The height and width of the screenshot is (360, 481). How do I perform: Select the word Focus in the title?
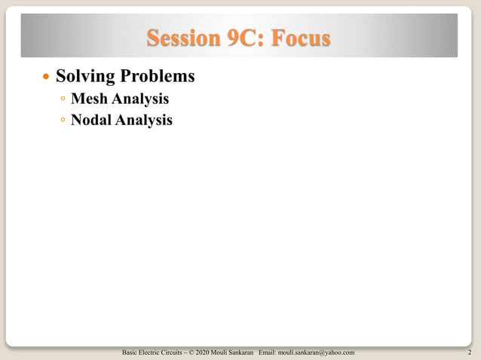pos(302,37)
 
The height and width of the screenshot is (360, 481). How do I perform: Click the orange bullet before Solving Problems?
pos(47,78)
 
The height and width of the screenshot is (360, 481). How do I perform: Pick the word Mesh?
pos(88,99)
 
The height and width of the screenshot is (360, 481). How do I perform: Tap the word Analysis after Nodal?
pos(144,119)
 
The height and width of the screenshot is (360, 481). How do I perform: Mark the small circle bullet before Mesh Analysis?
pos(63,99)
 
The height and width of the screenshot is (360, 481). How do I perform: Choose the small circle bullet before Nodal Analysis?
pos(63,120)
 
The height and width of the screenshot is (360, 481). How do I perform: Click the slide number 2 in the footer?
pos(470,352)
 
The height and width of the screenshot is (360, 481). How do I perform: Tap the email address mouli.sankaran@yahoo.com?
pos(317,352)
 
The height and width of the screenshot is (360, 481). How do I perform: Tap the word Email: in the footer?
pos(269,352)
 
